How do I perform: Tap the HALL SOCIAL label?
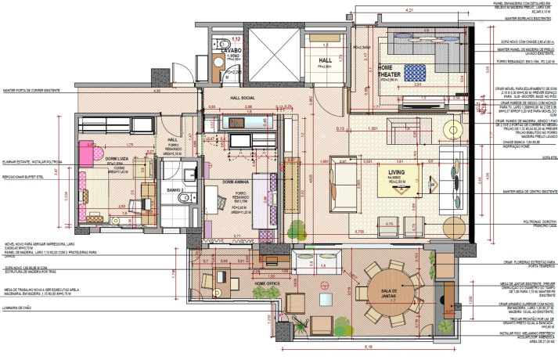243,99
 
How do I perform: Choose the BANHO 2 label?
175,190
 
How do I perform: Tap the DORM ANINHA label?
235,182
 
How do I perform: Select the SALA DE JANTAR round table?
389,292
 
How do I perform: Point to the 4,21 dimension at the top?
409,9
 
